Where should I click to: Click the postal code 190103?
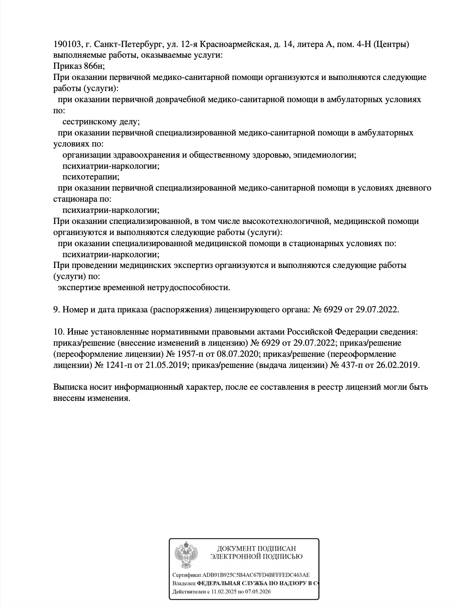67,44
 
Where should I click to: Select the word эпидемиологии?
324,155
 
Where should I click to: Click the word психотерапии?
91,177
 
